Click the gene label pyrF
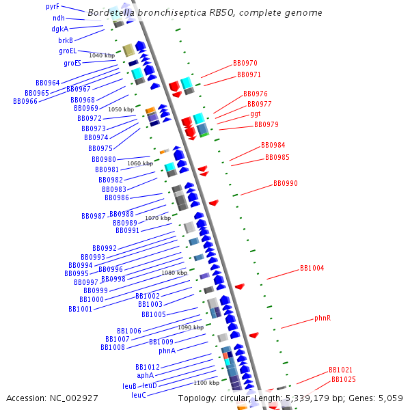[53, 6]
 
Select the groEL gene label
[68, 51]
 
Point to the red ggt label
[256, 113]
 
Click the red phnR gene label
[323, 318]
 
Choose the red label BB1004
[312, 269]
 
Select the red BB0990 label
[286, 183]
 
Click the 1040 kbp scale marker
[102, 55]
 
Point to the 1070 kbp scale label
[158, 218]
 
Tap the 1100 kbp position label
[206, 383]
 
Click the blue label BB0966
[25, 101]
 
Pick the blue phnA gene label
[167, 351]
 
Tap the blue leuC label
[139, 395]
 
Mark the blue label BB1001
[81, 309]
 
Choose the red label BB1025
[344, 379]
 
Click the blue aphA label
[146, 375]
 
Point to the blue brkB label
[66, 40]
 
